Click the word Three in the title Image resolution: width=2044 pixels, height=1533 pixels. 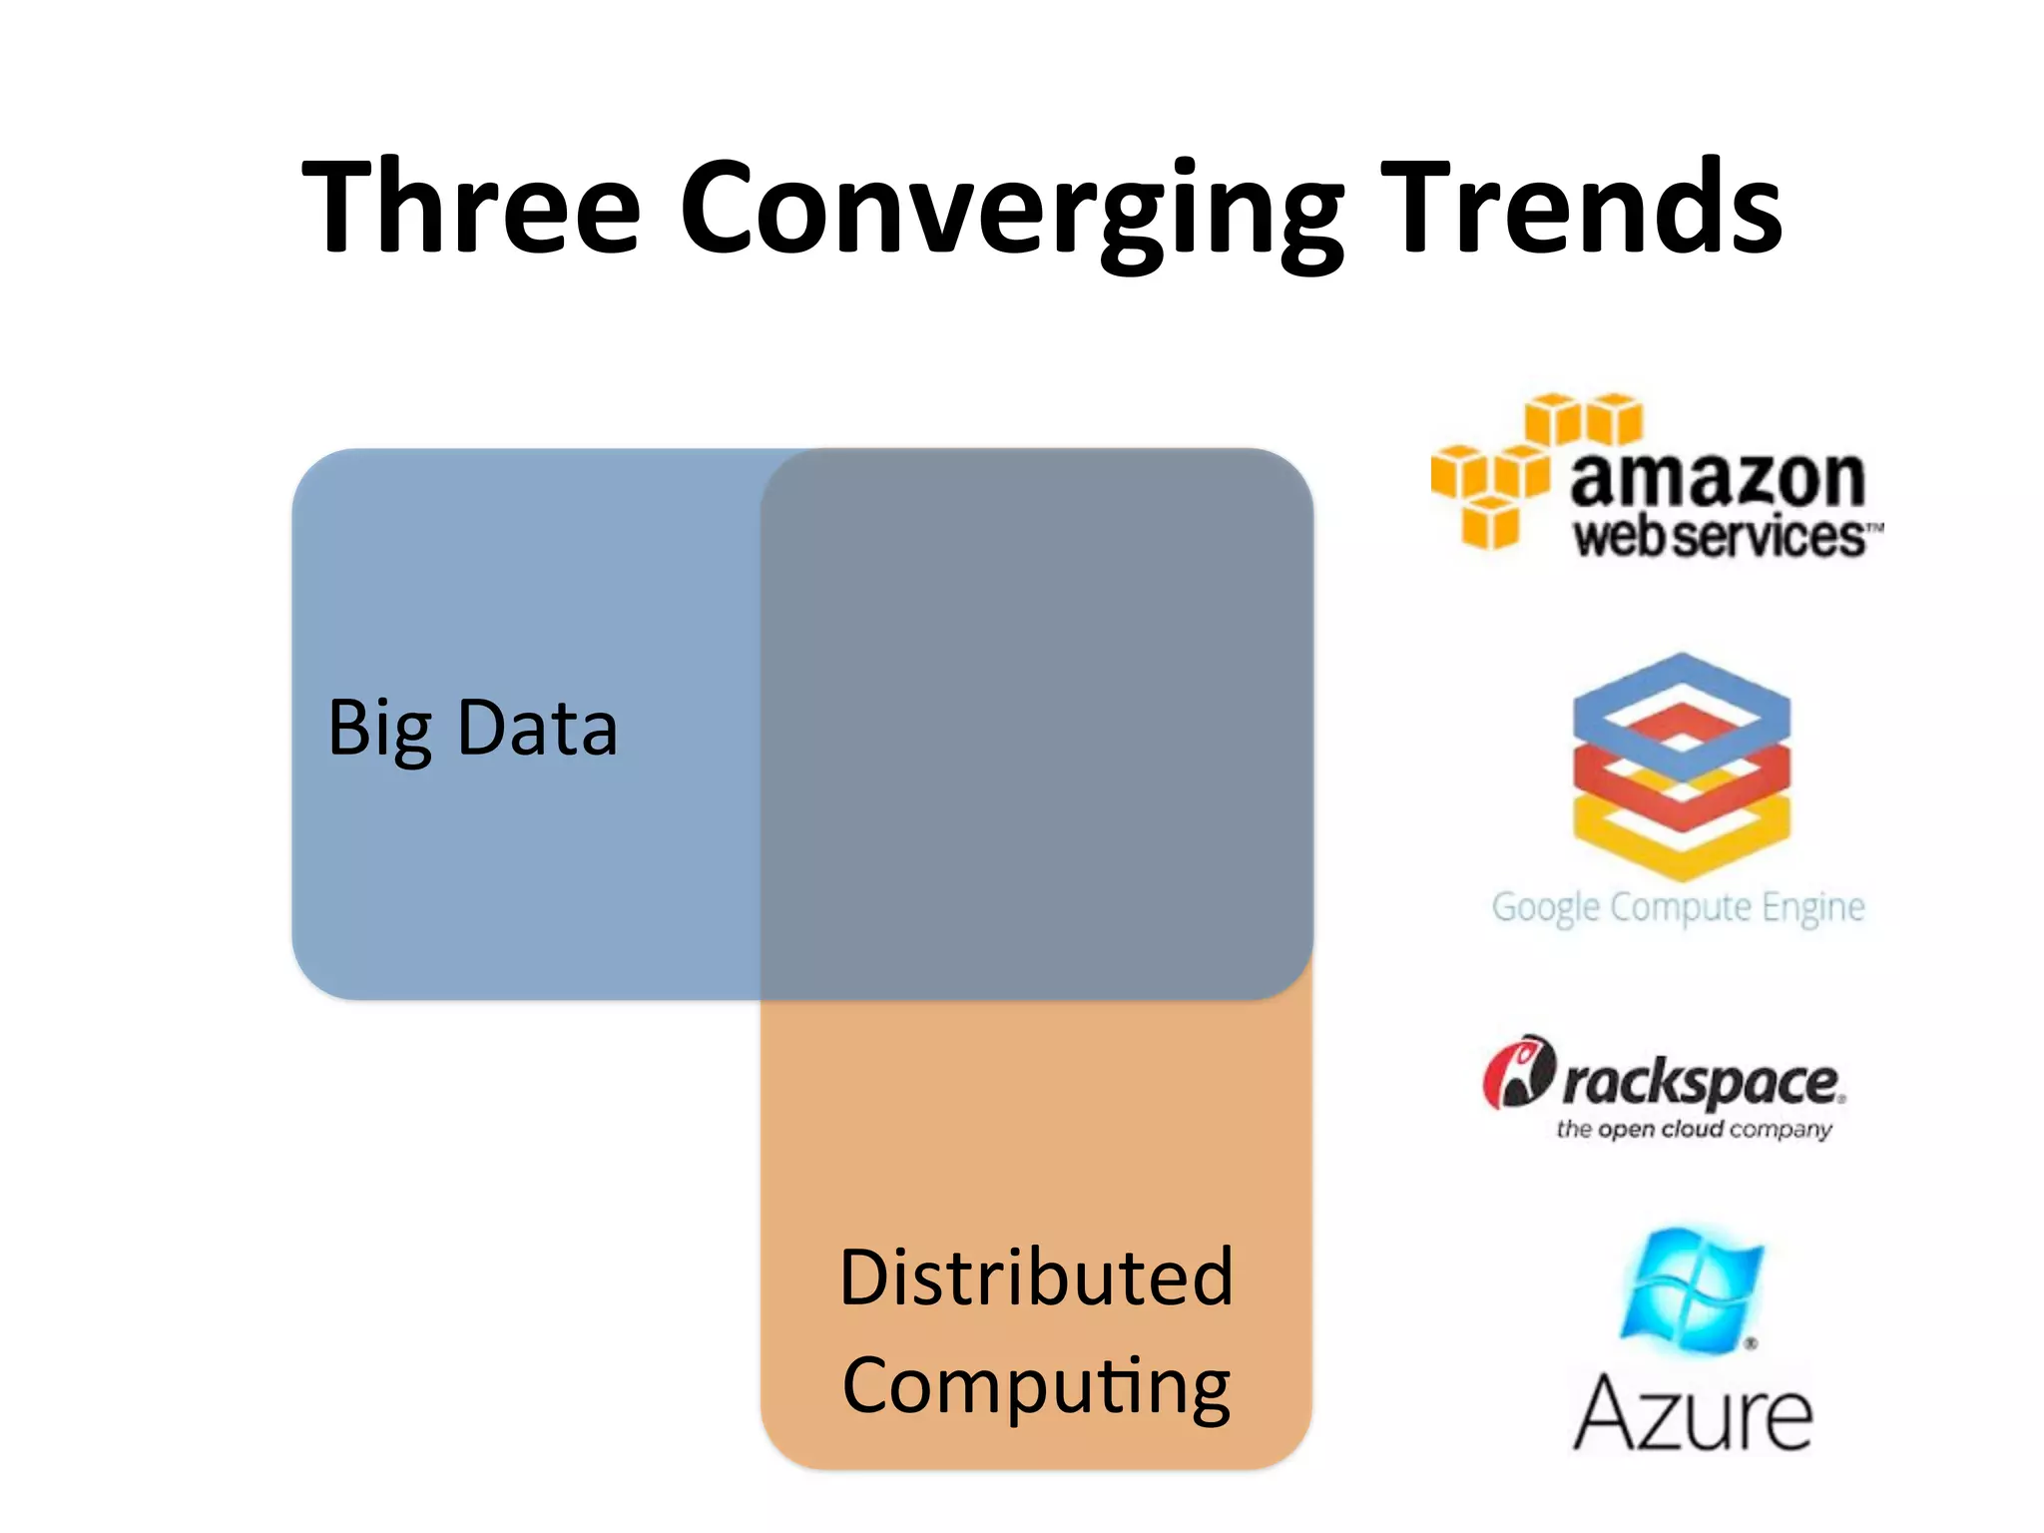pyautogui.click(x=470, y=208)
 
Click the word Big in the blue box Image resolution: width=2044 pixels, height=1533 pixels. pyautogui.click(x=380, y=730)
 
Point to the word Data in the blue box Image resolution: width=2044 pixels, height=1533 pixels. pyautogui.click(x=537, y=728)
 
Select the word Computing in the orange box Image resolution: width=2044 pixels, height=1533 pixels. pyautogui.click(x=1036, y=1386)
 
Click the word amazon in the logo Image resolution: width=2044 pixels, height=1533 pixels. pyautogui.click(x=1717, y=479)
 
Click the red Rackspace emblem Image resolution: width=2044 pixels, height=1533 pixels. pyautogui.click(x=1518, y=1073)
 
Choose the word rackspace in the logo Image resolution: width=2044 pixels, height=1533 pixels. pyautogui.click(x=1701, y=1082)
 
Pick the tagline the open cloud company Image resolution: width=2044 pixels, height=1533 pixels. pyautogui.click(x=1694, y=1129)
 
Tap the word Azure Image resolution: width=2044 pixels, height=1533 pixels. pyautogui.click(x=1693, y=1412)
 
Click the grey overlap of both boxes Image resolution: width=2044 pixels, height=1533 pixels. pyautogui.click(x=1036, y=724)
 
